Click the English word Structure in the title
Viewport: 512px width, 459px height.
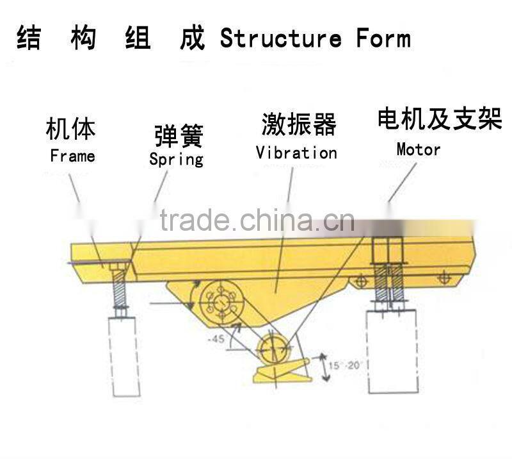pos(280,38)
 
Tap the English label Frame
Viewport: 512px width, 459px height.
pos(72,156)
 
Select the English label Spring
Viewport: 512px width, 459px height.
pos(176,158)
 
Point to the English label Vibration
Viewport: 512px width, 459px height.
pos(296,153)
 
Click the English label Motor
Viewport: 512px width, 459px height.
pos(419,150)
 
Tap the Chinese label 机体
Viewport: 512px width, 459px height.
pos(71,129)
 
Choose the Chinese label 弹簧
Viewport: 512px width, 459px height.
pos(179,136)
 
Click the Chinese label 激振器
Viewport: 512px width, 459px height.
pos(298,124)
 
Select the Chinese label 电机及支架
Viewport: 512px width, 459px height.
pos(439,119)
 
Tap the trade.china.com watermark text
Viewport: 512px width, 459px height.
pos(256,221)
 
